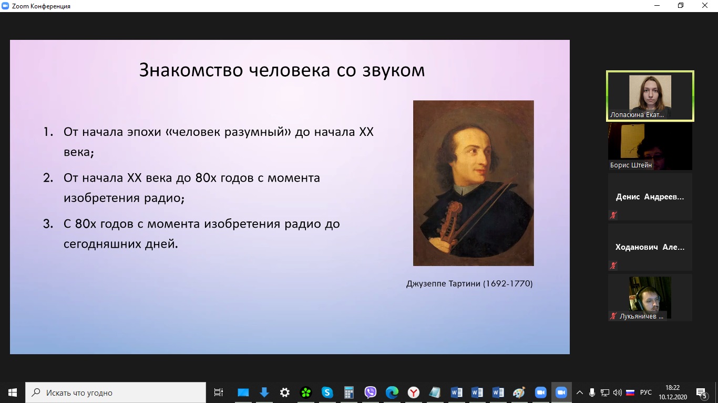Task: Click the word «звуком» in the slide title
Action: [394, 70]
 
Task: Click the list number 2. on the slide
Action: [48, 178]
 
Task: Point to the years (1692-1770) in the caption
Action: [507, 283]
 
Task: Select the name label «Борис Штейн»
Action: [631, 165]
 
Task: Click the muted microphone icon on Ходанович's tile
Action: [613, 266]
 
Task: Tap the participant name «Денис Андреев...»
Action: [649, 197]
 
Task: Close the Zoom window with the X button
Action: [704, 6]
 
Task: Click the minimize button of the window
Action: [657, 6]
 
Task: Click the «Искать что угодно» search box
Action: [116, 393]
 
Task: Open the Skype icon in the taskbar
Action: [327, 393]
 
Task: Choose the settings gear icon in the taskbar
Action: [285, 393]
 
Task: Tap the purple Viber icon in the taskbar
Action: [370, 393]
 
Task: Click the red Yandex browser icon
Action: [414, 393]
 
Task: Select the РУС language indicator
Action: [645, 393]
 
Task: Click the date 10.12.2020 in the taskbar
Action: [673, 397]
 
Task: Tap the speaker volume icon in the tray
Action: [618, 393]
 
